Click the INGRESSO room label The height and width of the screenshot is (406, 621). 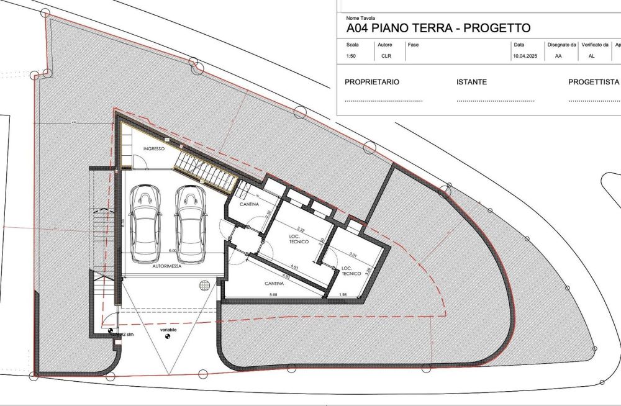(153, 149)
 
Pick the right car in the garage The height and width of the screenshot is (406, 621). (190, 217)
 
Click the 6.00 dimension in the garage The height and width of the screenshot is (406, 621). (173, 251)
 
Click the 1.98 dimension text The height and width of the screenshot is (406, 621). (343, 294)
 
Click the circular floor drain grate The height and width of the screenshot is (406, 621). (206, 285)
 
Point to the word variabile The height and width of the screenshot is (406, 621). (168, 330)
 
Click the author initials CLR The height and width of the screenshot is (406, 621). (386, 56)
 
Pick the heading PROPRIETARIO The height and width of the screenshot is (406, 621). (372, 82)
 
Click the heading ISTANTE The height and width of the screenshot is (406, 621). (471, 82)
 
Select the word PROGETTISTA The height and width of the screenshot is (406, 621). (594, 82)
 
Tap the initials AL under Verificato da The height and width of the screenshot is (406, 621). (591, 56)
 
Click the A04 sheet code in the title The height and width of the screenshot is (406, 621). (358, 28)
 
